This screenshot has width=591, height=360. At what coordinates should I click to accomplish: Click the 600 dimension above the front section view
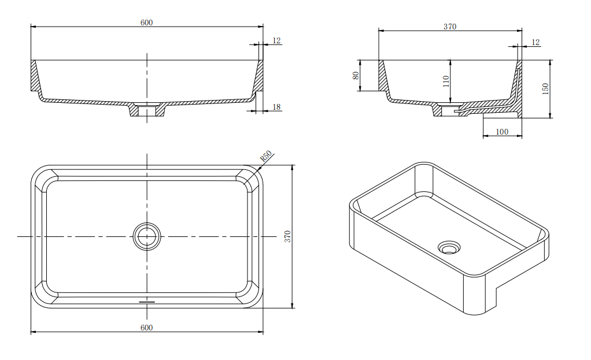click(146, 23)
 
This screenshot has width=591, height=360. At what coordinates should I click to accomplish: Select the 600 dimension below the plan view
click(146, 328)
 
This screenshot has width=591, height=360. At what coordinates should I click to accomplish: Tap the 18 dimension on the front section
click(276, 107)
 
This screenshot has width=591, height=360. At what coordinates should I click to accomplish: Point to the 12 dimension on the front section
click(276, 40)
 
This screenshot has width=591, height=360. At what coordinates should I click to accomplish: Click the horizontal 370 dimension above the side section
click(450, 27)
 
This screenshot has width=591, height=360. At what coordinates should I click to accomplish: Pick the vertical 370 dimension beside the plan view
click(287, 236)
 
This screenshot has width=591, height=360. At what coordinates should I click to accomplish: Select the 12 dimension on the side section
click(535, 42)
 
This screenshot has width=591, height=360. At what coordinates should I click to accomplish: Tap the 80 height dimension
click(356, 75)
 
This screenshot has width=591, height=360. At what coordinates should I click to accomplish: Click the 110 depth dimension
click(445, 81)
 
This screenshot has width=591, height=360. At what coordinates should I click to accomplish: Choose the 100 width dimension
click(502, 132)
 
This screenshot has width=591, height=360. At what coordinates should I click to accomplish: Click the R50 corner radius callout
click(265, 157)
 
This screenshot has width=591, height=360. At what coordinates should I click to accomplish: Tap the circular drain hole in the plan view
click(147, 236)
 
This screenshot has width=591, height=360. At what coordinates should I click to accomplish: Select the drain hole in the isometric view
click(449, 247)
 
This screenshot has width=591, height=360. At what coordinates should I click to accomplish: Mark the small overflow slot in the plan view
click(147, 301)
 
